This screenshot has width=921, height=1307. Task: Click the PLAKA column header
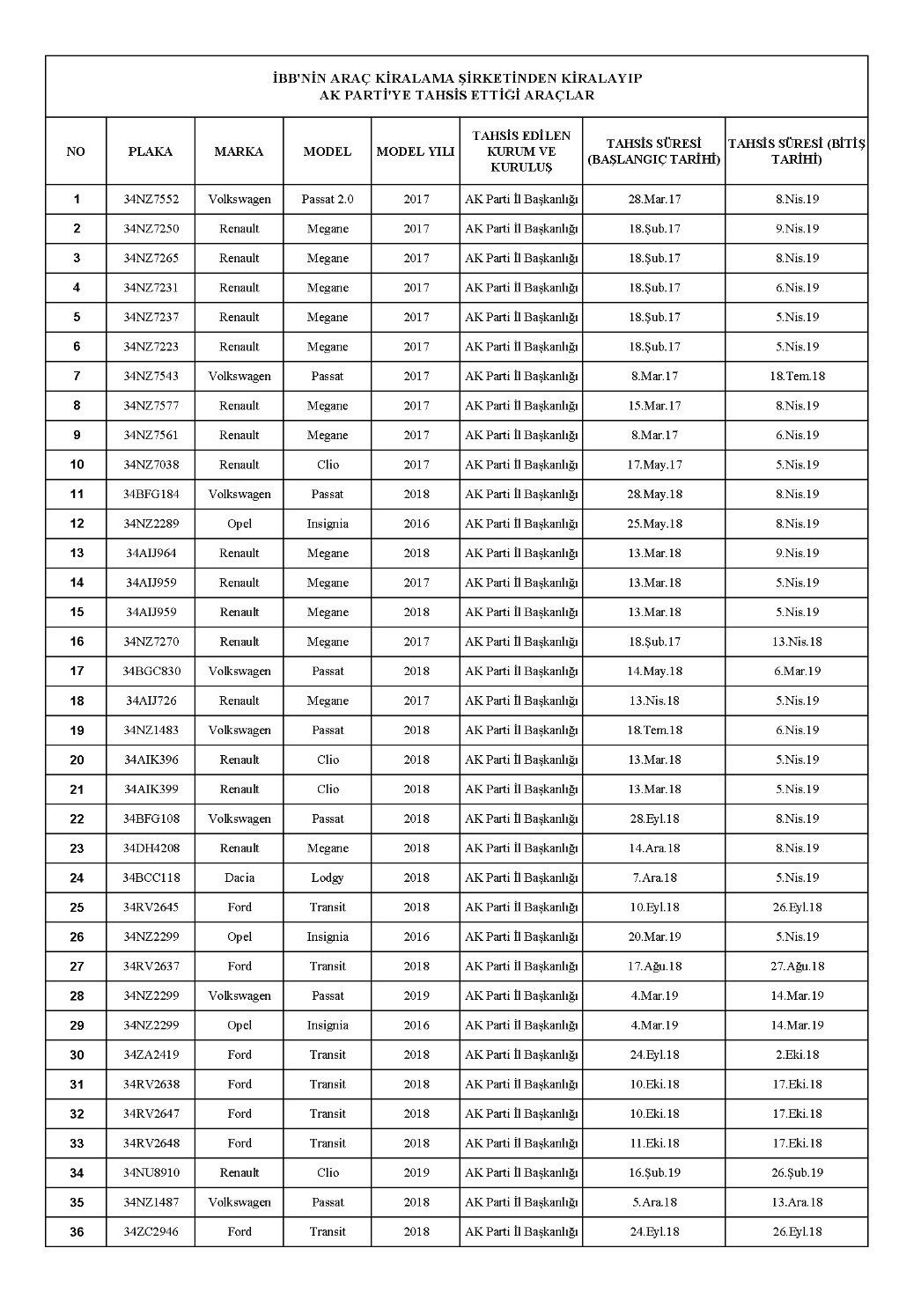pos(151,151)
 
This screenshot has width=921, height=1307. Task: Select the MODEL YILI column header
pos(416,151)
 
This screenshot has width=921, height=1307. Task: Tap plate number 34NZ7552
pos(151,199)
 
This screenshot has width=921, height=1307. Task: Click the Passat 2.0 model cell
pos(328,199)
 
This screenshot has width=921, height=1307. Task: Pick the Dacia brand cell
pos(239,877)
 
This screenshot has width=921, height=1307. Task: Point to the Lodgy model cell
pos(328,877)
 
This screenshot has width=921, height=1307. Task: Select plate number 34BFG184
pos(151,494)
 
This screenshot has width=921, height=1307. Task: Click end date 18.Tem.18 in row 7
pos(797,376)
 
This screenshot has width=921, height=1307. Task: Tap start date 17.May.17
pos(654,465)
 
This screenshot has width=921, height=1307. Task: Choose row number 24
pos(77,877)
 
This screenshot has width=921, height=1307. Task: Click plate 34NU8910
pos(151,1172)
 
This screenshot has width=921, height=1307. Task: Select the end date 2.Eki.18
pos(797,1054)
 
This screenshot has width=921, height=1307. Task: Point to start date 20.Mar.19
pos(654,936)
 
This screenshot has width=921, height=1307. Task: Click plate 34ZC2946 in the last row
pos(151,1231)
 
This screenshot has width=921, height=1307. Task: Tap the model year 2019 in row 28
pos(416,995)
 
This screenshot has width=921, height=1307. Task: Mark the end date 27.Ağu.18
pos(797,966)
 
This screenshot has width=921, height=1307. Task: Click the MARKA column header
pos(239,151)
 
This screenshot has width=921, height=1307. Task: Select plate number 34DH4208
pos(151,848)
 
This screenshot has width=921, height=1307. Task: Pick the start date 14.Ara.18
pos(654,848)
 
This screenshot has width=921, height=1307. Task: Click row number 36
pos(77,1232)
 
